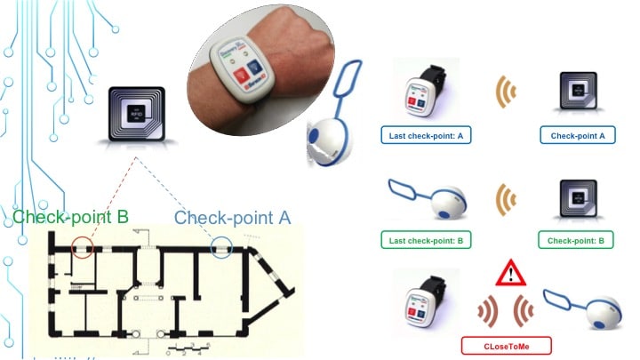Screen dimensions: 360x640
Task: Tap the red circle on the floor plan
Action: point(82,246)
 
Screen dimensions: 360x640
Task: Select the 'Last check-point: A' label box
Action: point(420,137)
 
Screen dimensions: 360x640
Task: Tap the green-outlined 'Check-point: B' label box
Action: point(575,241)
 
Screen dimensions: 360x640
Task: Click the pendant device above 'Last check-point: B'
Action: point(430,201)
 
